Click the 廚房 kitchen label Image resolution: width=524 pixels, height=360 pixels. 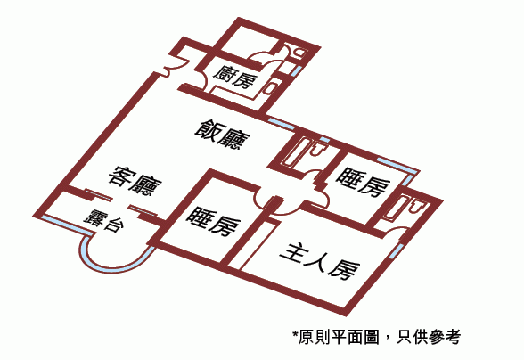click(236, 78)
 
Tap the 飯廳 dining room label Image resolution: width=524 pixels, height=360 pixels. click(223, 135)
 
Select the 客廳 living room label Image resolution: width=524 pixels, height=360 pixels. click(135, 182)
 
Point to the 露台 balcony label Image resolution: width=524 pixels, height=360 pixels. click(104, 221)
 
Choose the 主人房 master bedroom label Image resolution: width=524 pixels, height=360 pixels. click(320, 262)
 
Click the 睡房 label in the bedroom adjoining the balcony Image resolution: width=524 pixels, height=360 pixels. click(213, 221)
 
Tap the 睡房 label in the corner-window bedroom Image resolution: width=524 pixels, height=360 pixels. click(363, 182)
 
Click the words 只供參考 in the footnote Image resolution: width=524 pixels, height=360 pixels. click(429, 337)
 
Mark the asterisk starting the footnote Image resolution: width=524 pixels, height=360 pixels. click(295, 334)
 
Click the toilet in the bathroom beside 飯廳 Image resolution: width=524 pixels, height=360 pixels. click(317, 149)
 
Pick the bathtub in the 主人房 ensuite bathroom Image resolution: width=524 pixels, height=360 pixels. click(397, 209)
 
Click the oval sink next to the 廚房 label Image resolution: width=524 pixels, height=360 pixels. click(269, 87)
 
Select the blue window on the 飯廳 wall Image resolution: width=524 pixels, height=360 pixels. click(282, 123)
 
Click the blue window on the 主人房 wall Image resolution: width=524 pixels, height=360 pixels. click(396, 251)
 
